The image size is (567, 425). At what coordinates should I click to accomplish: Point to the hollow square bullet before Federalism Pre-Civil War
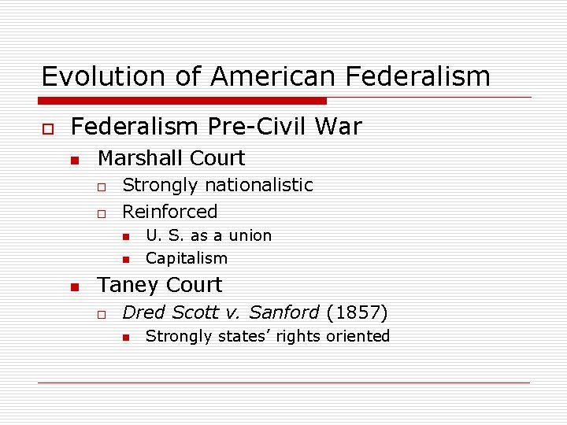coord(47,128)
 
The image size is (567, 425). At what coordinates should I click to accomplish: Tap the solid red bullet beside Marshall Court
coord(74,160)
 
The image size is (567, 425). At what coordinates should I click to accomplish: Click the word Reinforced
coord(170,212)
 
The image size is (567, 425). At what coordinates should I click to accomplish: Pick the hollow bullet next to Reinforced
coord(101,213)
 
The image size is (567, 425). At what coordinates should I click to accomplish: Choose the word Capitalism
coord(187,258)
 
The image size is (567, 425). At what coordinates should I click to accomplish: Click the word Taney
coord(127,285)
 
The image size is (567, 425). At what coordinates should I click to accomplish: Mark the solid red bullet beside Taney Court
coord(74,286)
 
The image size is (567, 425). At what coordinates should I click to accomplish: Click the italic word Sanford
coord(283,312)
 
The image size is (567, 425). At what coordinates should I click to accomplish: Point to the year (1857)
coord(357,312)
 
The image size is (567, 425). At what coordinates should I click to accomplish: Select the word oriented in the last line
coord(359,336)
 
